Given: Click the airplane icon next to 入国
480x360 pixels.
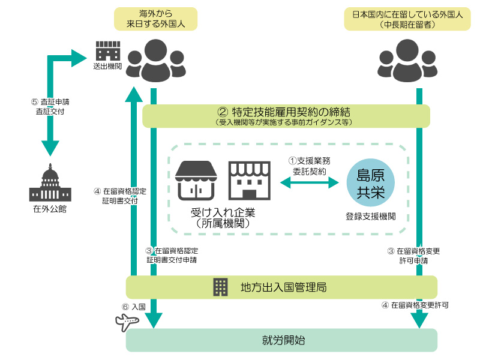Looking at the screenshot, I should click(x=127, y=322).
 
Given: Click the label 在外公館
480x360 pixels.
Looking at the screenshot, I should click(x=50, y=209).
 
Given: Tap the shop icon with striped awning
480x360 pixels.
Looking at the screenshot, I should click(x=196, y=180).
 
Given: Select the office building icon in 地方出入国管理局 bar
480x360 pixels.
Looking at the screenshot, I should click(x=221, y=287).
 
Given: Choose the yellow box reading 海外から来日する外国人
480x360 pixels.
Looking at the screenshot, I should click(x=155, y=18).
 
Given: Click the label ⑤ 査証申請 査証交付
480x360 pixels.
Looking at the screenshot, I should click(x=50, y=107).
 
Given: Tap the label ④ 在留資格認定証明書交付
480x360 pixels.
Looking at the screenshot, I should click(x=121, y=196).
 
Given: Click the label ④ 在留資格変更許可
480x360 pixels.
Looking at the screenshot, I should click(x=415, y=305).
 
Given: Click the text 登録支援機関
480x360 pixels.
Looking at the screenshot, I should click(x=370, y=215).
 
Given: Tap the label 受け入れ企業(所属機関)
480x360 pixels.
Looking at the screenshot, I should click(x=223, y=217).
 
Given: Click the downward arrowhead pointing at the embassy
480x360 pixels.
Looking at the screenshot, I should click(x=50, y=148).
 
